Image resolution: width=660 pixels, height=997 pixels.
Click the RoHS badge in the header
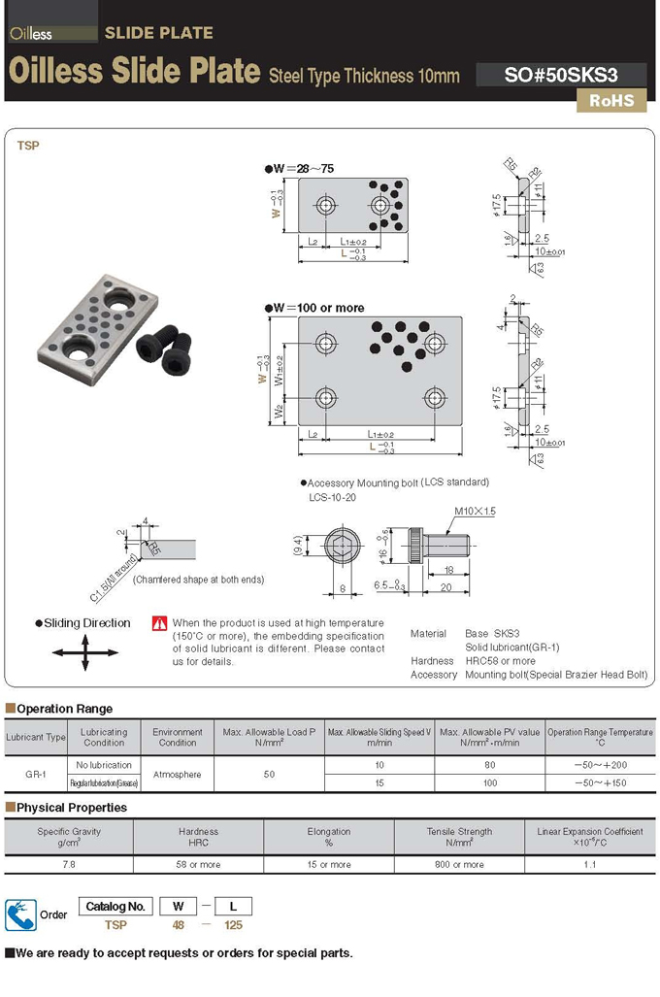(611, 100)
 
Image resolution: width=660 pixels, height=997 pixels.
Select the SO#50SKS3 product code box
(561, 75)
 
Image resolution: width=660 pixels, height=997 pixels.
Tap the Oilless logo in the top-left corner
(30, 34)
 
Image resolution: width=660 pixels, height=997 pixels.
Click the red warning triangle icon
(160, 623)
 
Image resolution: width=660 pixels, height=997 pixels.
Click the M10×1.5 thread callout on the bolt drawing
(475, 511)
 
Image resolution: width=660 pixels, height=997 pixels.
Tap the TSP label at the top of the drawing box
(28, 146)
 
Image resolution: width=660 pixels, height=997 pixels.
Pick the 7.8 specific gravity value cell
(69, 864)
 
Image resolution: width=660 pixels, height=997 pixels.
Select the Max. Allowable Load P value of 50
(269, 774)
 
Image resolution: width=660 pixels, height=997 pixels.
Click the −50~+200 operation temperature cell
(599, 765)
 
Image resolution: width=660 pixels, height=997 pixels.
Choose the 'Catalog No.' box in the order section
(115, 907)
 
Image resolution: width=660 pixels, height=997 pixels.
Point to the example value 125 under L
(233, 925)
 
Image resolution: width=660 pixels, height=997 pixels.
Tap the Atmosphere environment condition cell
(178, 774)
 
